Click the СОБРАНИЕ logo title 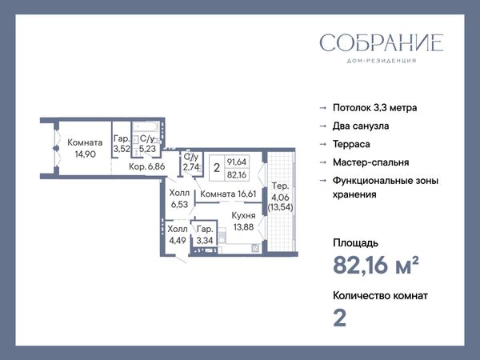point(382,42)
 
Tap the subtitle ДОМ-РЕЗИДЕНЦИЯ point(382,61)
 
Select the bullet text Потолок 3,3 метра point(374,108)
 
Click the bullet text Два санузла point(361,126)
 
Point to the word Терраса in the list point(351,144)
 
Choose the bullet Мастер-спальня point(370,162)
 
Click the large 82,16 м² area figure point(376,265)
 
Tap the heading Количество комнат point(380,296)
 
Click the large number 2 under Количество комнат point(339,318)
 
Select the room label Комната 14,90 point(85,148)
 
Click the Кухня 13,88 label point(243,221)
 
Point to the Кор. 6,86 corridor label point(147,166)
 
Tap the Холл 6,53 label point(179,198)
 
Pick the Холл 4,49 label point(178,234)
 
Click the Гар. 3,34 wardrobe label point(205,234)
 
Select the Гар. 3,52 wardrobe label point(122,143)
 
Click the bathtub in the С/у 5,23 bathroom point(146,127)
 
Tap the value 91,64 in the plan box point(237,162)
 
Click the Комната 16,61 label point(228,194)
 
